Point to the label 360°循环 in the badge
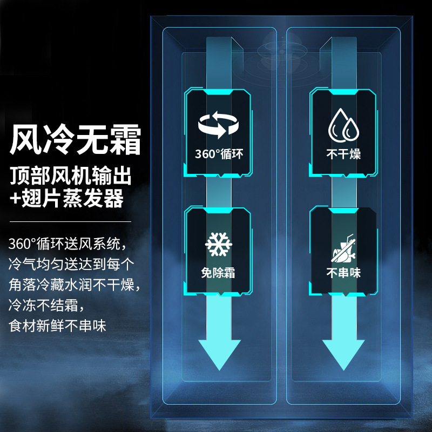point(219,154)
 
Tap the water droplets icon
point(343,124)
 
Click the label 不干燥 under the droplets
point(343,154)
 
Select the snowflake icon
point(219,244)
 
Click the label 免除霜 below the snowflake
point(219,273)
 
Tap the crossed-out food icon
point(343,244)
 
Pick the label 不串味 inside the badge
point(343,273)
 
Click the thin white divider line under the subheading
point(70,221)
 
